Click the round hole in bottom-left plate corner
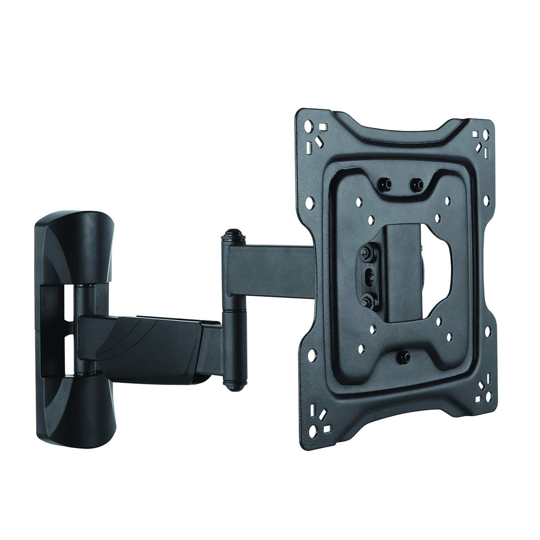[315, 429]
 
